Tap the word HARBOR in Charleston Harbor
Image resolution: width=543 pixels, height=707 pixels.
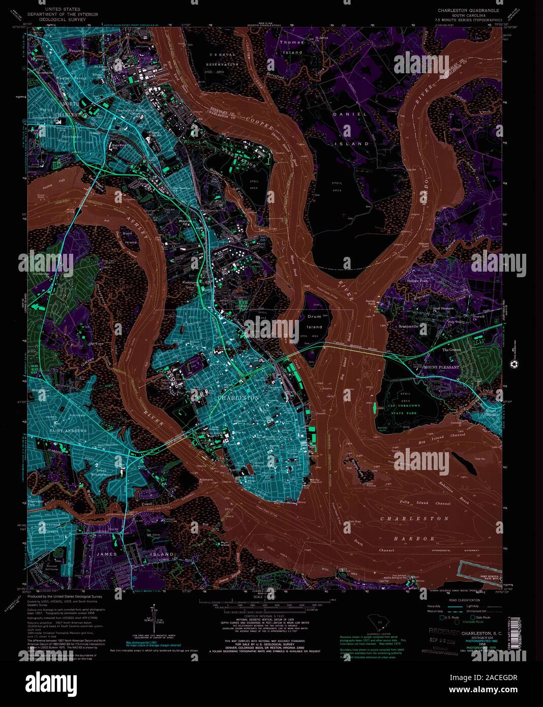[x=415, y=538]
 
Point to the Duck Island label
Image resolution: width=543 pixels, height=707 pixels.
[x=131, y=238]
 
